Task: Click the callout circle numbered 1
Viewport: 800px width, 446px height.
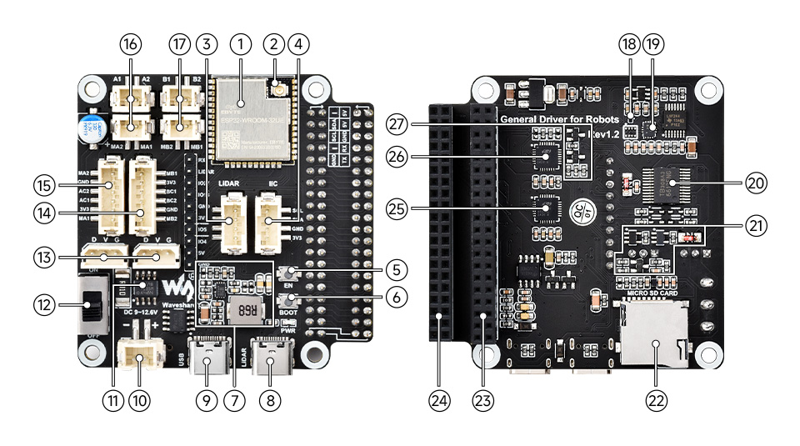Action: (x=241, y=43)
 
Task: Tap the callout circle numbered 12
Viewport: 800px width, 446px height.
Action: (x=44, y=304)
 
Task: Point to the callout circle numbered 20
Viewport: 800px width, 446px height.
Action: (x=734, y=183)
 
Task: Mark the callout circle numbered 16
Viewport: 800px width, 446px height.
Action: (x=131, y=43)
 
